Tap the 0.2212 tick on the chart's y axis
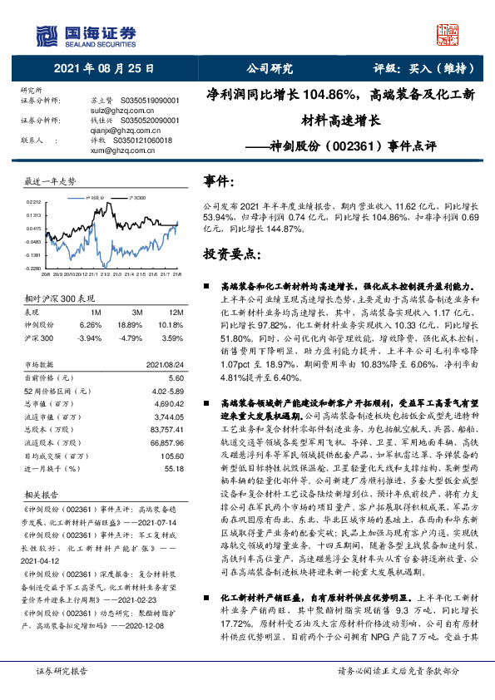pos(33,201)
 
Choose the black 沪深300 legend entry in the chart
pos(136,199)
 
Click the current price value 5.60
pos(175,377)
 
